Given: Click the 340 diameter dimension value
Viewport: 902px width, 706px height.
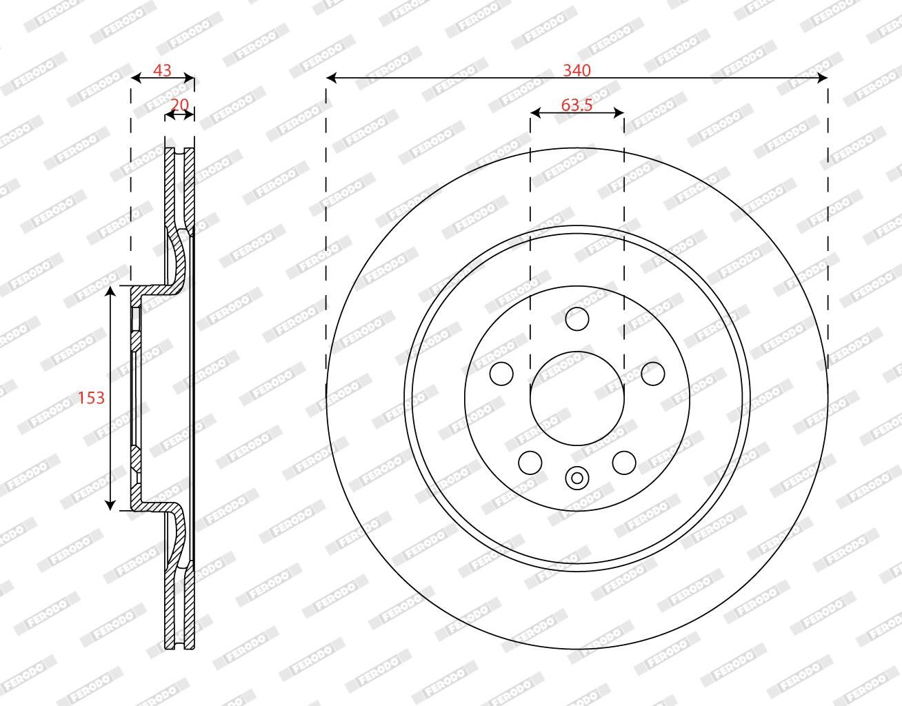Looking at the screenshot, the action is tap(577, 70).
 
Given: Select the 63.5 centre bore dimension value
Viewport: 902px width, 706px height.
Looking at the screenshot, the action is tap(577, 105).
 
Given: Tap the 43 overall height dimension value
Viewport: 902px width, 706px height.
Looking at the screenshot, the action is tap(162, 70).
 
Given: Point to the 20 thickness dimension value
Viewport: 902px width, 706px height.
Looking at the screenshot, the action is tap(179, 105).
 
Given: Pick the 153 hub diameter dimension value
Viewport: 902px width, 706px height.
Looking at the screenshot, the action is tap(92, 398).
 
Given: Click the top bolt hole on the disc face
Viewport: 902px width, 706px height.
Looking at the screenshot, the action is tap(577, 319).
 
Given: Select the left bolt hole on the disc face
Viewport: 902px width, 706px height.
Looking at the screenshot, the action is tap(501, 373).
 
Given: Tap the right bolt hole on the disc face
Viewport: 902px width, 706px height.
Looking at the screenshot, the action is tap(652, 373).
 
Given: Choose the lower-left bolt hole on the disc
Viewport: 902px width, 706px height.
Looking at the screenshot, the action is tap(530, 463).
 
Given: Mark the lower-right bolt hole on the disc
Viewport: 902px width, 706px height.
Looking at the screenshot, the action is tap(624, 463).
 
